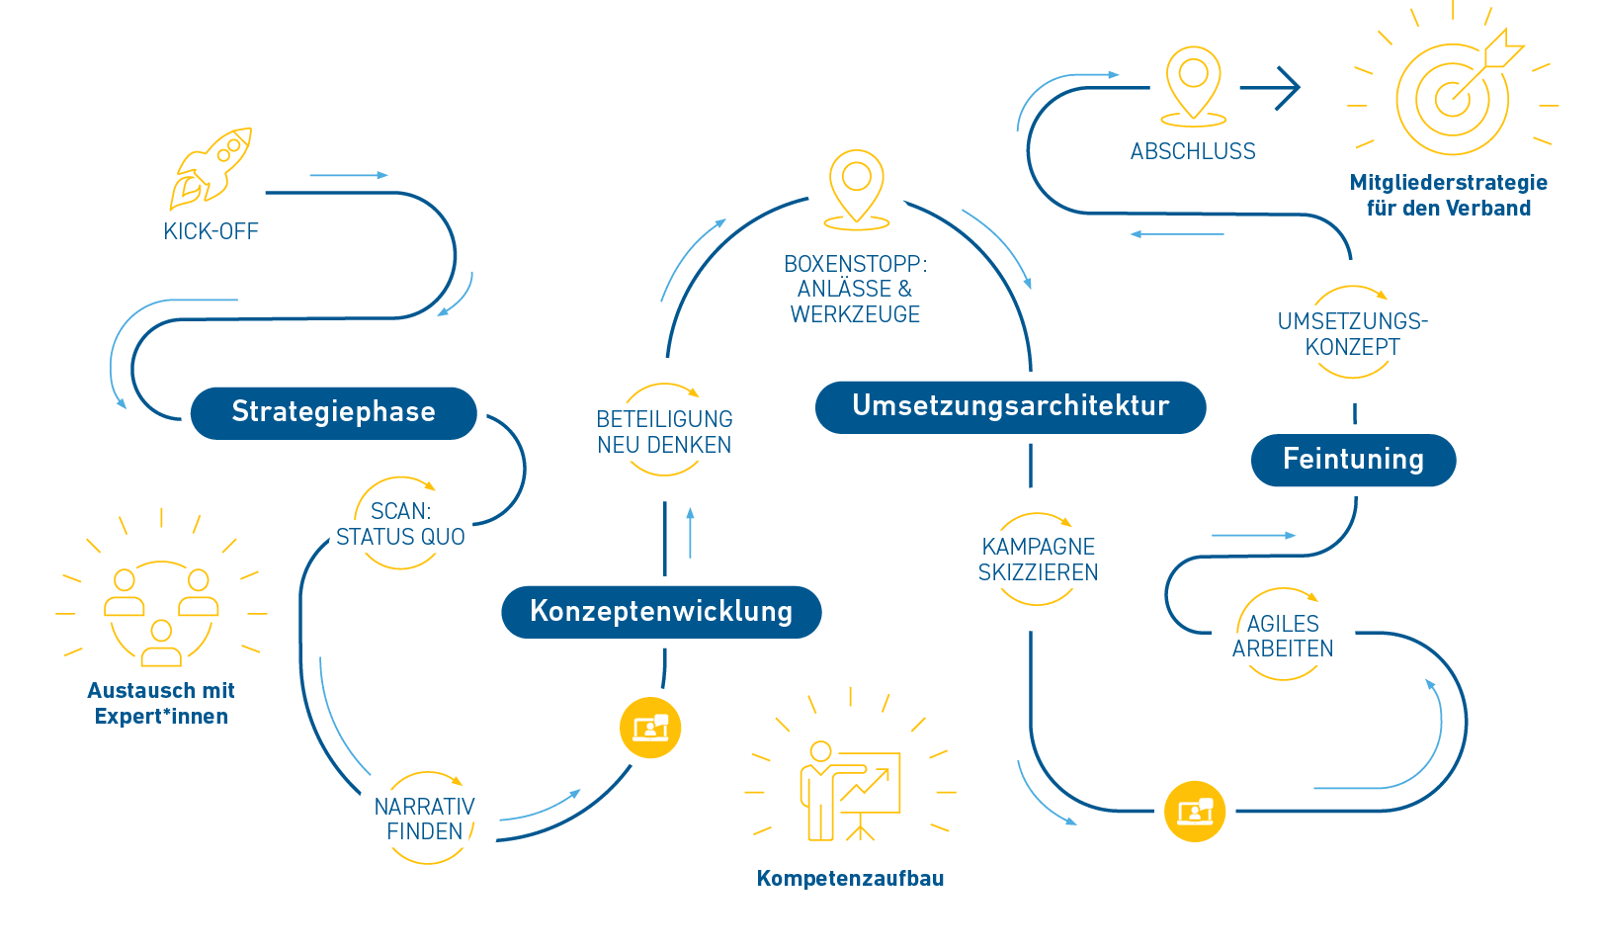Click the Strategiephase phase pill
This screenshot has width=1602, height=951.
[x=333, y=412]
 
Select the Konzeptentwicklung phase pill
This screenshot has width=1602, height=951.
[x=661, y=611]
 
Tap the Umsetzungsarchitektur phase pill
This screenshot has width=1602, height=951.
[x=1010, y=406]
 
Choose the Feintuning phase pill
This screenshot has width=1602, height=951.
[x=1353, y=460]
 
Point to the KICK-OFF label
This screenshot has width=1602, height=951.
[x=211, y=231]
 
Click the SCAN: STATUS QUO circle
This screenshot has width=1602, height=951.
[x=400, y=524]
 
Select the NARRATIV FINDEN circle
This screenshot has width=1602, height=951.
[x=425, y=819]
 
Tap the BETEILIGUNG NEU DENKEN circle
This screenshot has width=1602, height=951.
[x=664, y=432]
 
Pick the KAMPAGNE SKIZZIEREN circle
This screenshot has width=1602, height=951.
[x=1038, y=560]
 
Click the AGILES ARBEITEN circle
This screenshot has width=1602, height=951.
[x=1283, y=636]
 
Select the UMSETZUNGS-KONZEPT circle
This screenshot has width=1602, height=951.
[x=1352, y=333]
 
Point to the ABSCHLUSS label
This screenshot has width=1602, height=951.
[x=1193, y=151]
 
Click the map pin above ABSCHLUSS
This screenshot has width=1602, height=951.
[x=1193, y=84]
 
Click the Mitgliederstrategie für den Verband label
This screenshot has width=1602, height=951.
[x=1448, y=195]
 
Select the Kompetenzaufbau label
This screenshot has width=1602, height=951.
[x=850, y=878]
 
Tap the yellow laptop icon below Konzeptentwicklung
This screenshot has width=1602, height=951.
[x=650, y=729]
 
